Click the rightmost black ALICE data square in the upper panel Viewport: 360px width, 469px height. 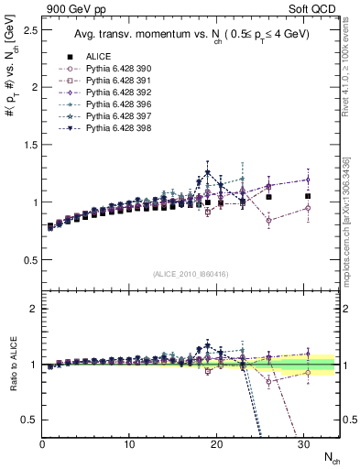[308, 196]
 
